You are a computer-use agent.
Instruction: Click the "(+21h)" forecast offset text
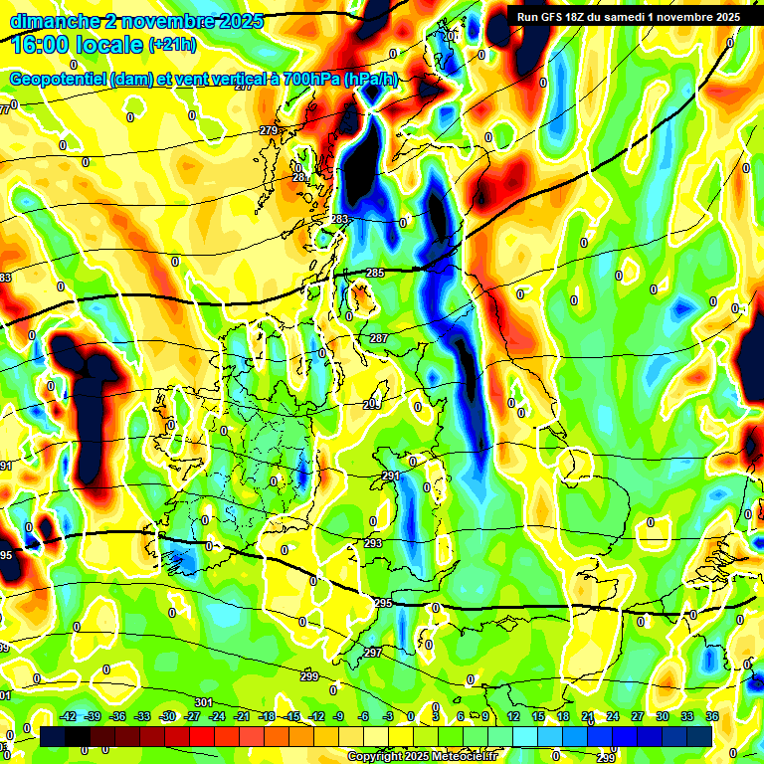173,45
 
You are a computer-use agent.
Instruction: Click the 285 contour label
375,273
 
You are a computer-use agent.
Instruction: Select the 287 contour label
379,339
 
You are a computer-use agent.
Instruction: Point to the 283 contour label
340,219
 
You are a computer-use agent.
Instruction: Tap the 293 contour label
373,543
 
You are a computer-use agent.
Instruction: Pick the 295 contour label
384,603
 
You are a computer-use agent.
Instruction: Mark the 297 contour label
372,652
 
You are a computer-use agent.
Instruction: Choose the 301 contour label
203,702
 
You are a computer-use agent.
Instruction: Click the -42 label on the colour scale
69,716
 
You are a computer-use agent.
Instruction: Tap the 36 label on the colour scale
712,716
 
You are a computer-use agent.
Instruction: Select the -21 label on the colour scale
243,716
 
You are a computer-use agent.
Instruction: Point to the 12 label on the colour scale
512,716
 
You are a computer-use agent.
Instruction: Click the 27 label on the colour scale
638,716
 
